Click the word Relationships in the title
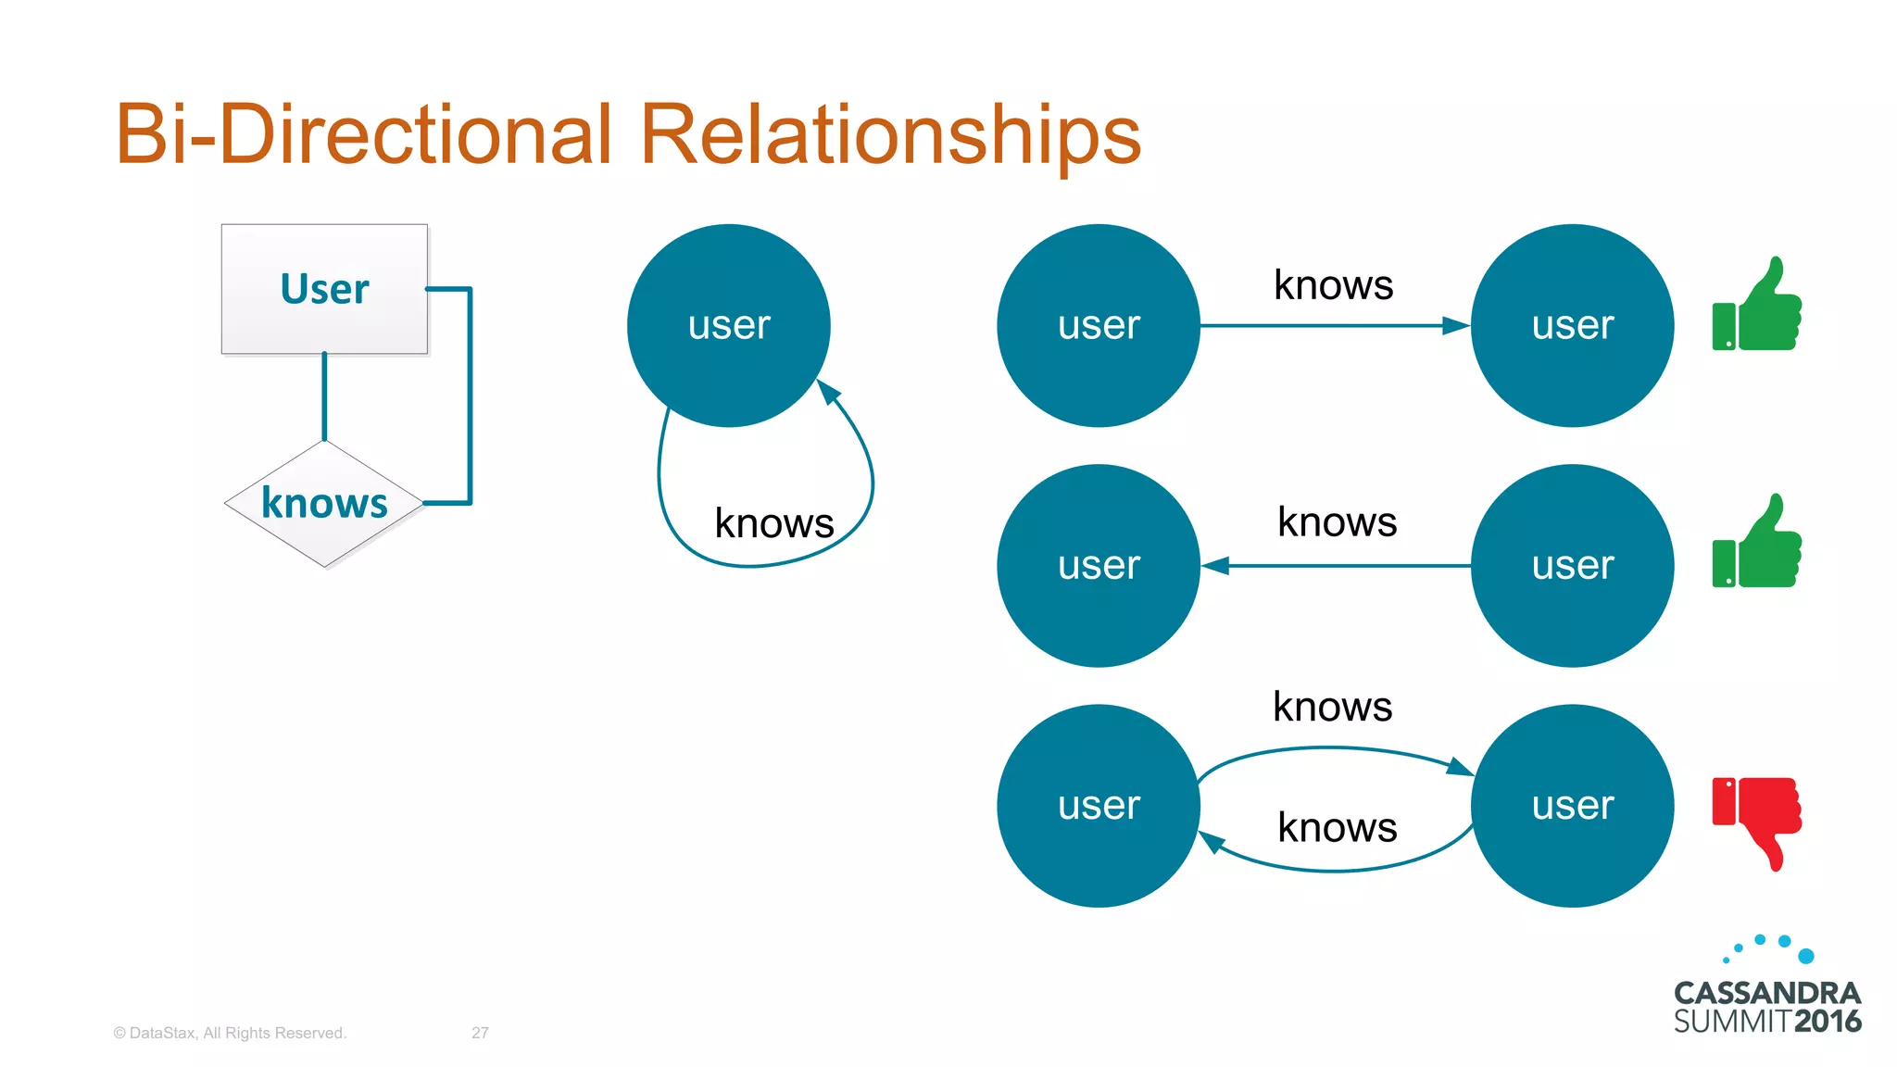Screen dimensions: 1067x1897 tap(889, 135)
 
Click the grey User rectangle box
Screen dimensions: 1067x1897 tap(324, 289)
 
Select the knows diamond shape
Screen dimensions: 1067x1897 tap(324, 503)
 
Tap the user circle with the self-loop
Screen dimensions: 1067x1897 tap(729, 325)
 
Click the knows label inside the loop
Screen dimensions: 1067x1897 tap(774, 523)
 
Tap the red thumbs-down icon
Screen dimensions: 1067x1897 tap(1757, 819)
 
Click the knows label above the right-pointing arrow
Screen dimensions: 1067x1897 tap(1333, 285)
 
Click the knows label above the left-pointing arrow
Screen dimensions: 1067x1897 tap(1337, 522)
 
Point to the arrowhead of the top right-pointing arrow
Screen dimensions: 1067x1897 tap(1456, 325)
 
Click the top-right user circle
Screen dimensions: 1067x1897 tap(1572, 325)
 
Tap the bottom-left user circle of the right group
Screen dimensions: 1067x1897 tap(1099, 805)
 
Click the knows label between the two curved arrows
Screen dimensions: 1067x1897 tap(1337, 827)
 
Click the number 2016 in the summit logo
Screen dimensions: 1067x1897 tap(1827, 1022)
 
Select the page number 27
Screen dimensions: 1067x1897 tap(480, 1033)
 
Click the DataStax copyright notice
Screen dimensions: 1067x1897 tap(230, 1033)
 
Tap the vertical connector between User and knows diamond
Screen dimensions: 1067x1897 tap(324, 396)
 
